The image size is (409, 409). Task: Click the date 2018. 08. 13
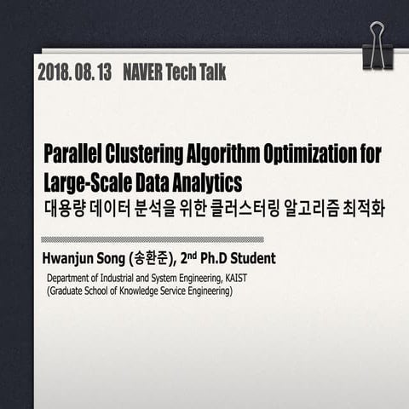75,73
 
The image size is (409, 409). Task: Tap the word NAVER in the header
147,73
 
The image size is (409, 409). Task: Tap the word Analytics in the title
206,182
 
